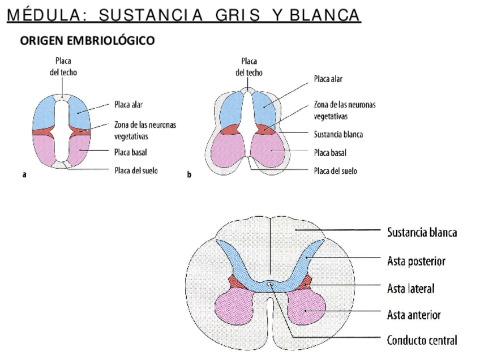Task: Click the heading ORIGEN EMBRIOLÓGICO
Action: pos(87,41)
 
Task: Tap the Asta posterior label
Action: pos(416,261)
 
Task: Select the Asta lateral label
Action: pos(410,288)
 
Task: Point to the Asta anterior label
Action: pos(414,314)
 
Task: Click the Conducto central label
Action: pos(422,340)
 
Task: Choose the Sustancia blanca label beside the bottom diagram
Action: pos(422,232)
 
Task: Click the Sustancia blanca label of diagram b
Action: pos(338,135)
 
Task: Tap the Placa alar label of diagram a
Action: pos(129,105)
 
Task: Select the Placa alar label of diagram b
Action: pos(328,79)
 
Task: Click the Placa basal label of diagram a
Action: pos(131,152)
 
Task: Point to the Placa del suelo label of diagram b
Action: pos(335,170)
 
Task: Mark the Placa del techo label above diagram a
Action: pos(63,66)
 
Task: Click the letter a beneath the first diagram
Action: pos(24,175)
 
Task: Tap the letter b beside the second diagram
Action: pos(189,175)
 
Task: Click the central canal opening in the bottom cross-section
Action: pos(271,284)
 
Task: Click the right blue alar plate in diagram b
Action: pos(267,108)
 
